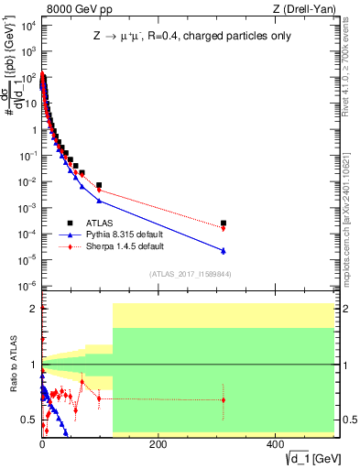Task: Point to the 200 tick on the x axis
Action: point(158,443)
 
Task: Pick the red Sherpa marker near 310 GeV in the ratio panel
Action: point(224,399)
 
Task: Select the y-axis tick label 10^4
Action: point(27,25)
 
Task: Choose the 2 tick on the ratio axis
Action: point(34,309)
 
